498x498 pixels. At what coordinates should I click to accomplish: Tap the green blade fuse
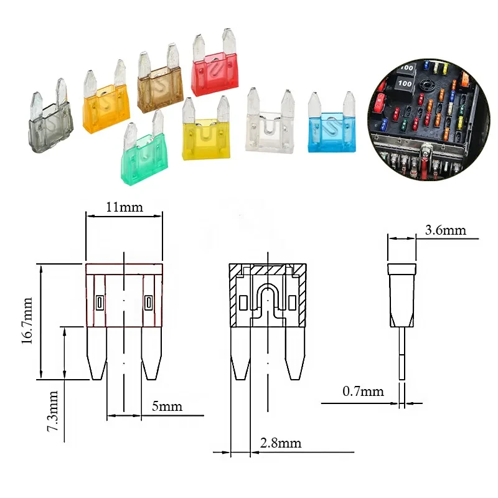pyautogui.click(x=144, y=160)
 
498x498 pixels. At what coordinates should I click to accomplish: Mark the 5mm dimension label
pyautogui.click(x=167, y=406)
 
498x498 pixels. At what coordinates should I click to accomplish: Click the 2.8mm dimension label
pyautogui.click(x=280, y=443)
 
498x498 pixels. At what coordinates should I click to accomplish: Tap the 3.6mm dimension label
pyautogui.click(x=445, y=230)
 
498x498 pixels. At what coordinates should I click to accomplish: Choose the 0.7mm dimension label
pyautogui.click(x=363, y=392)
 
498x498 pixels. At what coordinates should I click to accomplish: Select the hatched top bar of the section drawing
pyautogui.click(x=268, y=271)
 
